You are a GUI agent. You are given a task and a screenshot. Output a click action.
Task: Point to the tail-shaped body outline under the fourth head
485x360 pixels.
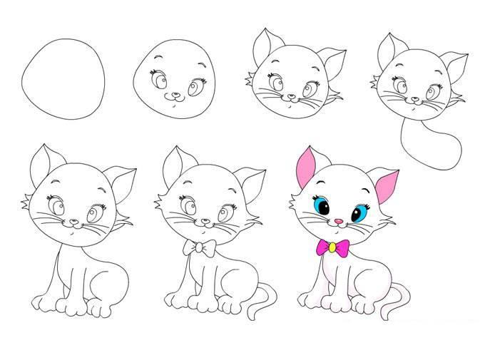[429, 146]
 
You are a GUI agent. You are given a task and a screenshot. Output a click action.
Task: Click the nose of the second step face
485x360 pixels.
[173, 93]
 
